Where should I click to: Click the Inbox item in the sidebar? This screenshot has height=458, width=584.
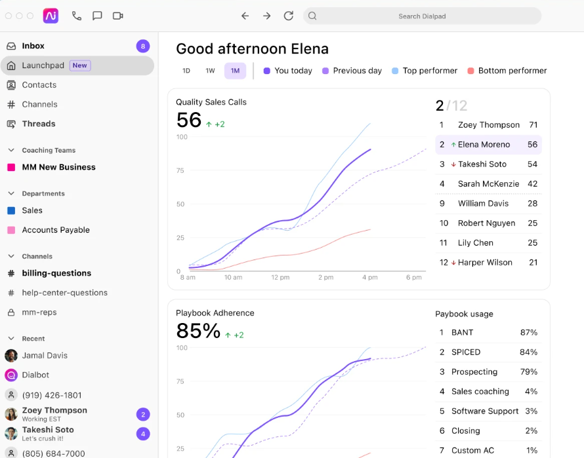[x=33, y=46]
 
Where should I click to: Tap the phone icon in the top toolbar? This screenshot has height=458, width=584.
[x=77, y=16]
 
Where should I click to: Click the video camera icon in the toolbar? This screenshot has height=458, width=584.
[x=117, y=16]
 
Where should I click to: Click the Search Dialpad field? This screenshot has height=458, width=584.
[x=422, y=16]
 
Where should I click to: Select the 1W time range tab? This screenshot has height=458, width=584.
[x=210, y=71]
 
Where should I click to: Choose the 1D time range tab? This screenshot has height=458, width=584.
[x=186, y=71]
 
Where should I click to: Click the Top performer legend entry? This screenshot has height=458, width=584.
[x=425, y=71]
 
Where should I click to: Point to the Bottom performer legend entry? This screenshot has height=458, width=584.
[x=507, y=71]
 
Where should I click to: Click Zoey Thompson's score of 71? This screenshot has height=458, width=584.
[x=533, y=125]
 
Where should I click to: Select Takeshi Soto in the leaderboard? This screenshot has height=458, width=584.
[x=482, y=164]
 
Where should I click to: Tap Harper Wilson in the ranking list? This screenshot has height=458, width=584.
[x=485, y=262]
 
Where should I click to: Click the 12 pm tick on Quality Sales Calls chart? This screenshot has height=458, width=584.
[x=280, y=278]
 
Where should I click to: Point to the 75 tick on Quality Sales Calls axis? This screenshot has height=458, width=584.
[x=180, y=170]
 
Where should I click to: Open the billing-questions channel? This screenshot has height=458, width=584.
[x=56, y=273]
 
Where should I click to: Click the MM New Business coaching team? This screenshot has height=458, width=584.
[x=58, y=167]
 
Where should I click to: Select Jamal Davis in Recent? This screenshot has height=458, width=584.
[x=45, y=355]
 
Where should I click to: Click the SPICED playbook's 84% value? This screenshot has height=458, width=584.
[x=528, y=353]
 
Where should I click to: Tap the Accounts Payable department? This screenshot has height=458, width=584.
[x=56, y=230]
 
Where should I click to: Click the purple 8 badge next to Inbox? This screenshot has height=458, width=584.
[x=143, y=46]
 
